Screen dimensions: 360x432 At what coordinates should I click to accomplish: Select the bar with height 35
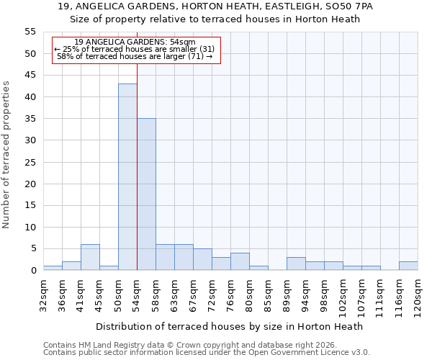[146, 194]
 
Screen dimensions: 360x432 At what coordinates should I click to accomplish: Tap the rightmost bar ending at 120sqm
[408, 266]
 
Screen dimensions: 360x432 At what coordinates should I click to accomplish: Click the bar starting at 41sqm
[90, 257]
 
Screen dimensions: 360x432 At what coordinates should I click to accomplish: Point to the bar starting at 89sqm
[296, 264]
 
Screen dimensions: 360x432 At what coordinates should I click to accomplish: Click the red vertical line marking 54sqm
[137, 144]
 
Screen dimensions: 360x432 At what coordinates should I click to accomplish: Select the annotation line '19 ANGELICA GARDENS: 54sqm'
[135, 42]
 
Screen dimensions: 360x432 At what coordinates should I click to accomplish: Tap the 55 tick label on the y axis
[30, 32]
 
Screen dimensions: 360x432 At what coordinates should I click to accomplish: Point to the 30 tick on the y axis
[30, 140]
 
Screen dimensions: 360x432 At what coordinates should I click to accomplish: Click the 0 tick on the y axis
[32, 271]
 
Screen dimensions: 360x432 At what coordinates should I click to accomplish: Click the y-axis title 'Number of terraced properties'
[6, 155]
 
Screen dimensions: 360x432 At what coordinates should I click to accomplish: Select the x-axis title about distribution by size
[229, 326]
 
